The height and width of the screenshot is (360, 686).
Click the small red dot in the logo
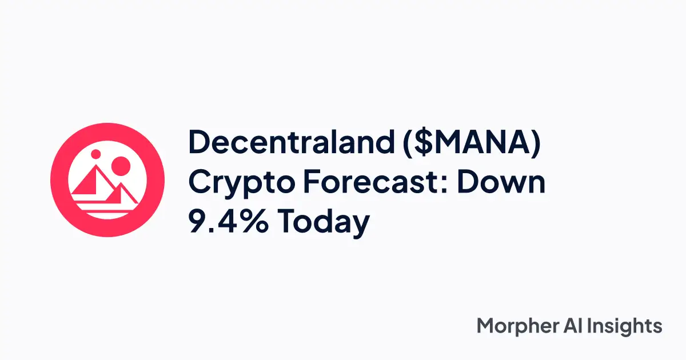[96, 154]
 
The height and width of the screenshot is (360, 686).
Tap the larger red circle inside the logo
[121, 167]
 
